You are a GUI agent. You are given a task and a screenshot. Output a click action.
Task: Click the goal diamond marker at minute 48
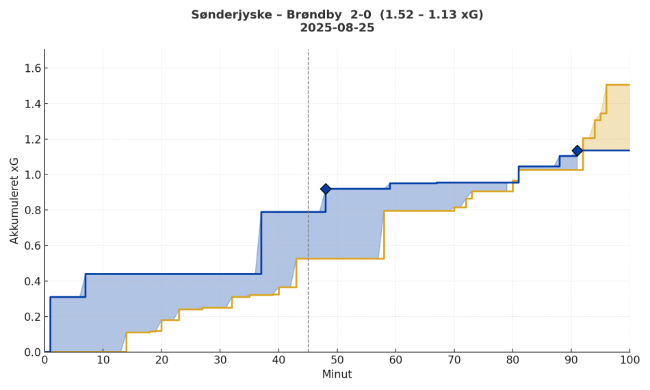tap(326, 189)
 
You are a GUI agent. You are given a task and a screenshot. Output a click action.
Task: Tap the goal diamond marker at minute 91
tap(577, 151)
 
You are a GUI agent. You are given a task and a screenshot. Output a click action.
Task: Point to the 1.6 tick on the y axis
tap(32, 68)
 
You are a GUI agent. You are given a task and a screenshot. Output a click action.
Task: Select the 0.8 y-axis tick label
tap(32, 210)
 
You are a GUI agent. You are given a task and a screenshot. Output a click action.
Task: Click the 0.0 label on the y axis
tap(32, 352)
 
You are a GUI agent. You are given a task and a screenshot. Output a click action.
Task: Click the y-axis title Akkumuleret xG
tap(14, 200)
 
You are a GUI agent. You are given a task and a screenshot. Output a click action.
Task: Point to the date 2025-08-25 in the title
tap(337, 28)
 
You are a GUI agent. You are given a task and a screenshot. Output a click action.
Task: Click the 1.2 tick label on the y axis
tap(32, 139)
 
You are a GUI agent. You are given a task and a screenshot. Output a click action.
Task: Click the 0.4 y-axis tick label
tap(32, 281)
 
